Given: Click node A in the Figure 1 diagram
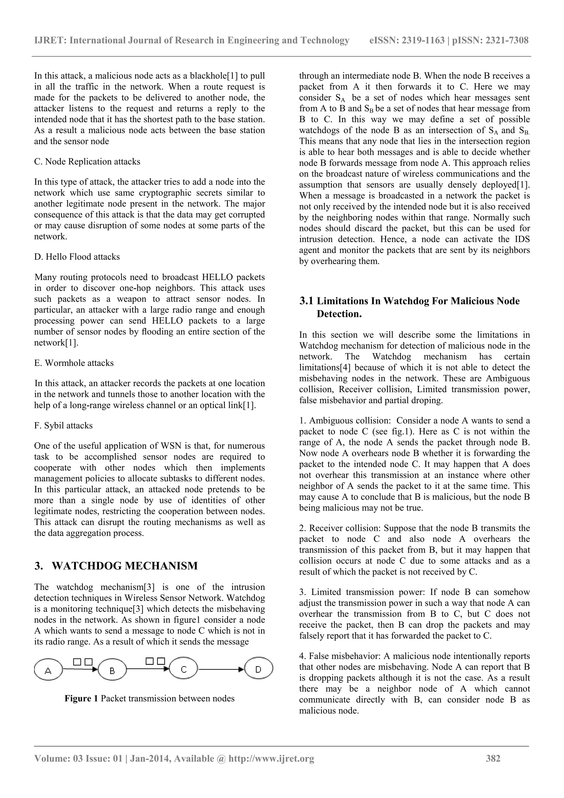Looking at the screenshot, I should pos(48,669).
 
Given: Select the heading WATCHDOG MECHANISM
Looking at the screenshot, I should pos(124,566).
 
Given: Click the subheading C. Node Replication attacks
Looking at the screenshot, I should pos(87,162).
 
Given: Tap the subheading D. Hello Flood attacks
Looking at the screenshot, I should pos(77,257).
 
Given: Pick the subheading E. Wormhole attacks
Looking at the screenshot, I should pos(74,363).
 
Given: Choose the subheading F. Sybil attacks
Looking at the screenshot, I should pos(63,425).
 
